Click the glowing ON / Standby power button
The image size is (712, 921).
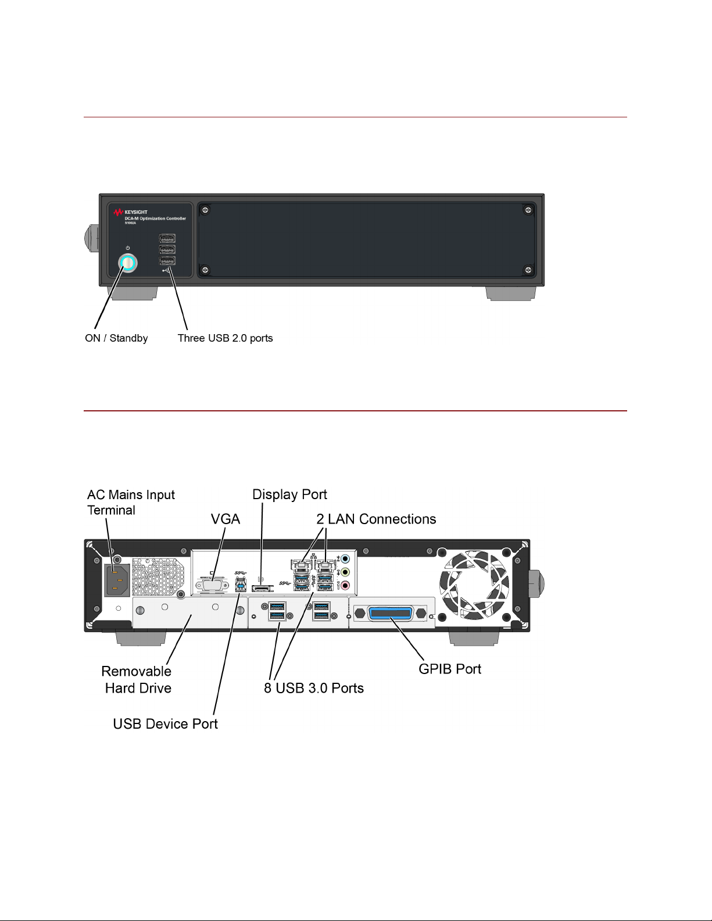click(x=128, y=263)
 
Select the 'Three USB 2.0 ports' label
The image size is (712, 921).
click(x=225, y=338)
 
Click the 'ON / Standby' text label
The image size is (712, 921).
click(x=116, y=338)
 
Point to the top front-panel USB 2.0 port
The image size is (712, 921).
click(x=167, y=238)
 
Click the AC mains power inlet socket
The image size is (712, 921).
click(x=117, y=579)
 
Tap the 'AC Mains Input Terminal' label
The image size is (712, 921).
click(x=131, y=502)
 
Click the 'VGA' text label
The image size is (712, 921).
click(x=226, y=519)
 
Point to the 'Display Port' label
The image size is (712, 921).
click(x=289, y=494)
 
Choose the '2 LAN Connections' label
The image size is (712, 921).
click(x=376, y=519)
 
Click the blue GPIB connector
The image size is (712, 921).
click(x=391, y=614)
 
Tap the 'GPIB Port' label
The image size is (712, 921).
click(x=450, y=669)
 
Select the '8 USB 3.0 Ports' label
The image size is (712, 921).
click(x=314, y=688)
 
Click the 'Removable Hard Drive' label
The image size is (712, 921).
click(x=137, y=680)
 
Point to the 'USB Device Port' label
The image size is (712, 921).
click(x=165, y=723)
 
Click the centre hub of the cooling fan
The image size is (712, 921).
click(x=474, y=585)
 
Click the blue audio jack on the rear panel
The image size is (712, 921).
click(x=345, y=559)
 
